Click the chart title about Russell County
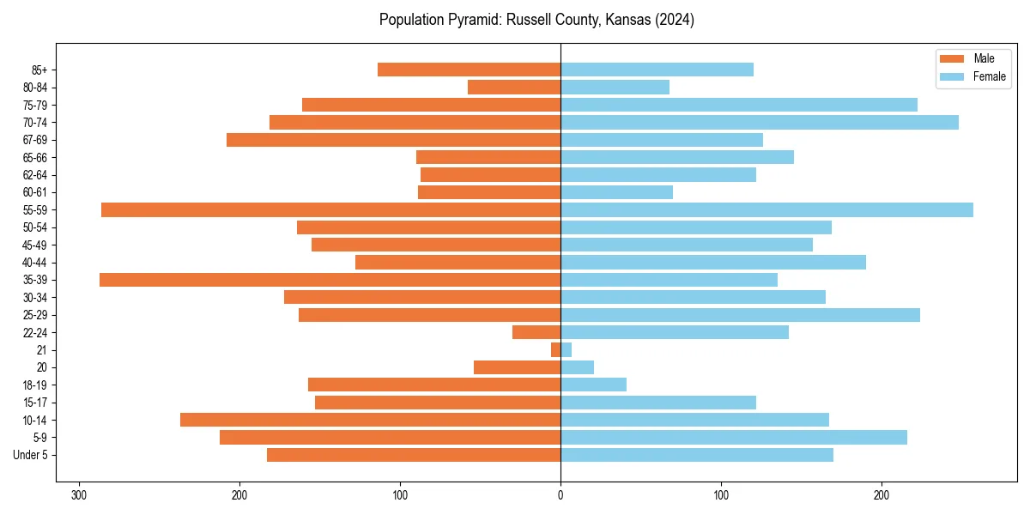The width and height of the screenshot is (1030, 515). [536, 20]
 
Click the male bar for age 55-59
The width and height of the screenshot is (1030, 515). [330, 209]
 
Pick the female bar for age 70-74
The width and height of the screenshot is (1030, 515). [759, 122]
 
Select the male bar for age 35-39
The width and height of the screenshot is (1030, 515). [330, 280]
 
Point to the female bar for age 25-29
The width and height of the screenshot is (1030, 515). [740, 315]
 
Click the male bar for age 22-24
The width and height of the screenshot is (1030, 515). [536, 332]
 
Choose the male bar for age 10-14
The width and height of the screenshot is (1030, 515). [370, 420]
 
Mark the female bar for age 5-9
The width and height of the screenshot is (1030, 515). [733, 437]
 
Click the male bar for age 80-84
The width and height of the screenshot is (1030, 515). [514, 87]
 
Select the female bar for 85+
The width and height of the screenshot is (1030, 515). [657, 70]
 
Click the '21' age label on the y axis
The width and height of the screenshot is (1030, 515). [41, 350]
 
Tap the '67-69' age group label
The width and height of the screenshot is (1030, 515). [35, 140]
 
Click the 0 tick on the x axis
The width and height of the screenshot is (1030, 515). [560, 495]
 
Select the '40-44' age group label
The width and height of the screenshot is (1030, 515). [35, 263]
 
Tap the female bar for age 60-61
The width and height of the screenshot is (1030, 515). [616, 192]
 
